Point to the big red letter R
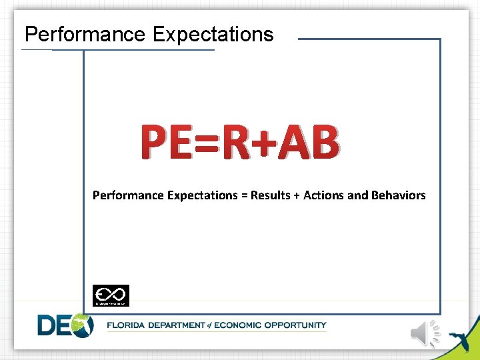click(x=238, y=144)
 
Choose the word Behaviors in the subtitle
click(x=399, y=195)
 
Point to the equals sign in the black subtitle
click(x=243, y=196)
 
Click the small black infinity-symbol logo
click(x=111, y=295)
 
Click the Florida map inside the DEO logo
click(x=82, y=325)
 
